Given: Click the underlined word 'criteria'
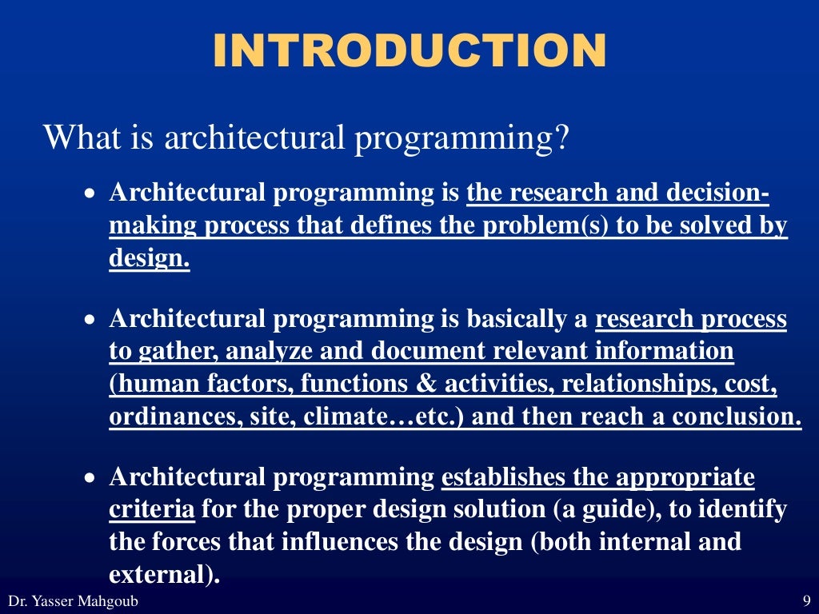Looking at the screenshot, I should point(151,510).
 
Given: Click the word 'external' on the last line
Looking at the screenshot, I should point(160,575).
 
